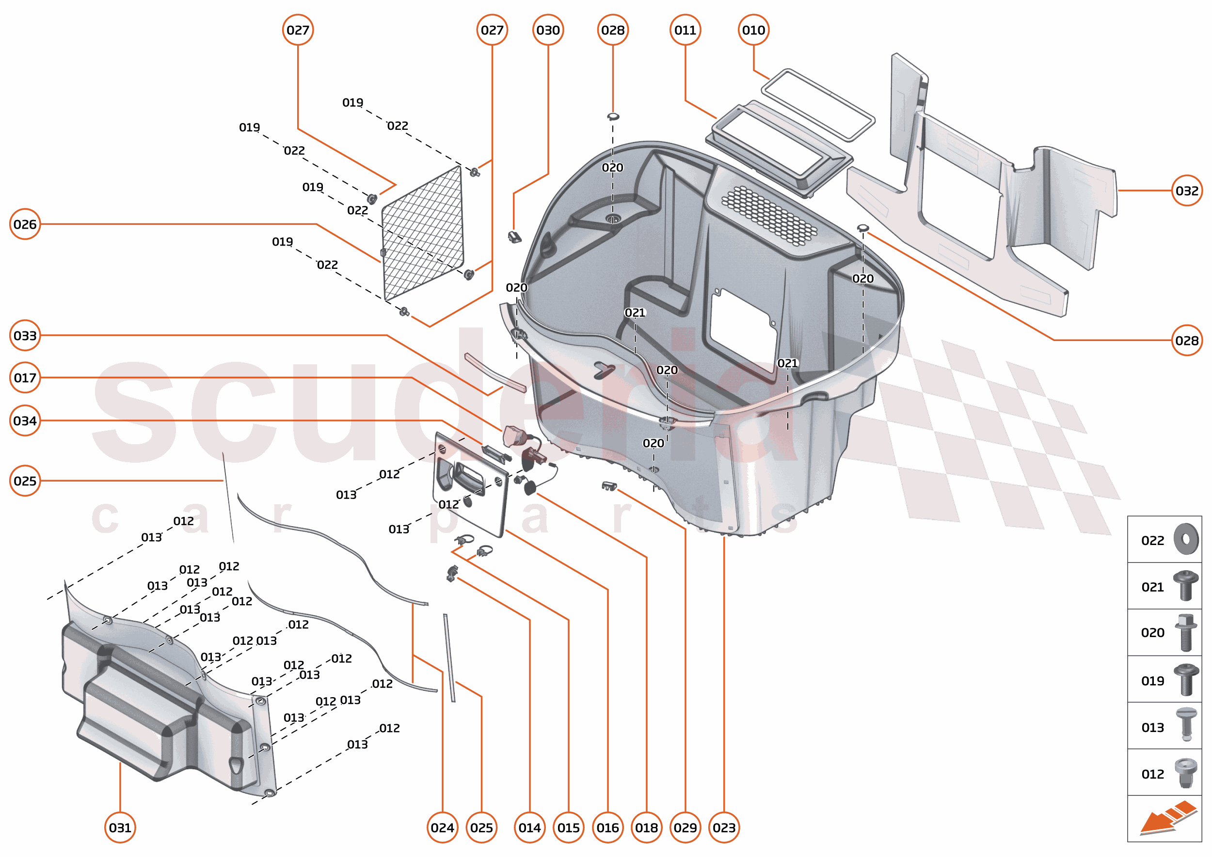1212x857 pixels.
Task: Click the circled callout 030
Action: [x=548, y=30]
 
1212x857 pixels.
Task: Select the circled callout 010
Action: [x=753, y=30]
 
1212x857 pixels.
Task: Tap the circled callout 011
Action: [x=685, y=30]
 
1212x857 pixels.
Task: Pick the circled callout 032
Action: [x=1187, y=190]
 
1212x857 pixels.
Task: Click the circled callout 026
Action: [x=25, y=224]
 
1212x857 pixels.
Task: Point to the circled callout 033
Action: [x=25, y=336]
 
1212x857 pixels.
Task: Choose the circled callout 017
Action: [x=25, y=378]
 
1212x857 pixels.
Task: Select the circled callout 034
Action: [x=25, y=421]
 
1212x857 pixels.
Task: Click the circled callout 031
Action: [x=120, y=827]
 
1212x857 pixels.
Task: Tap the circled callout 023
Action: [x=723, y=827]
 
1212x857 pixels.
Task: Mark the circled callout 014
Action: [x=529, y=827]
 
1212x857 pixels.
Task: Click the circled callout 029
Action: [x=685, y=827]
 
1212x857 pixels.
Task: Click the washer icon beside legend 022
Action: [x=1186, y=539]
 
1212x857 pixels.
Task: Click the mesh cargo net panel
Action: [x=422, y=232]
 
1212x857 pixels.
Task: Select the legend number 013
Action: [x=1152, y=728]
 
